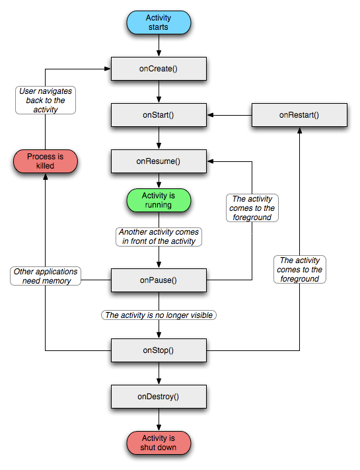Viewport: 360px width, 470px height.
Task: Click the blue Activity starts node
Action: click(159, 23)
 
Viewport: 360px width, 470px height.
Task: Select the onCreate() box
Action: click(159, 68)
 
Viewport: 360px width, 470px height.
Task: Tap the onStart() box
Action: click(159, 115)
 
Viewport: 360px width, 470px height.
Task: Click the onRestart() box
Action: click(299, 115)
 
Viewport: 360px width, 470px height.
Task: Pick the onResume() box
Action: click(159, 161)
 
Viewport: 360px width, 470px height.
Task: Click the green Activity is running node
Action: click(159, 200)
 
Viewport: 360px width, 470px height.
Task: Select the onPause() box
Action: click(159, 280)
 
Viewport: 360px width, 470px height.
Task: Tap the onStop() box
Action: click(159, 350)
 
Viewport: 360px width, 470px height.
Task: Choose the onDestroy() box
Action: click(159, 397)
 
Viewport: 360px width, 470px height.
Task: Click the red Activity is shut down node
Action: click(159, 442)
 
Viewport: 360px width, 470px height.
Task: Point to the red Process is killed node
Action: click(45, 161)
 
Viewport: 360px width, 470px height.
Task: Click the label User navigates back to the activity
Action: click(46, 100)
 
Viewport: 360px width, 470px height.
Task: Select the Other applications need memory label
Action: click(45, 276)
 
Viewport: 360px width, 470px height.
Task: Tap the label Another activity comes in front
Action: click(159, 237)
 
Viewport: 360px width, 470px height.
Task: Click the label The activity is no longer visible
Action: click(159, 315)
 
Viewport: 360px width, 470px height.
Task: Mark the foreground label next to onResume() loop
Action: click(252, 208)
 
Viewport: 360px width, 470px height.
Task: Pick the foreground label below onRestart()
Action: click(301, 270)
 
